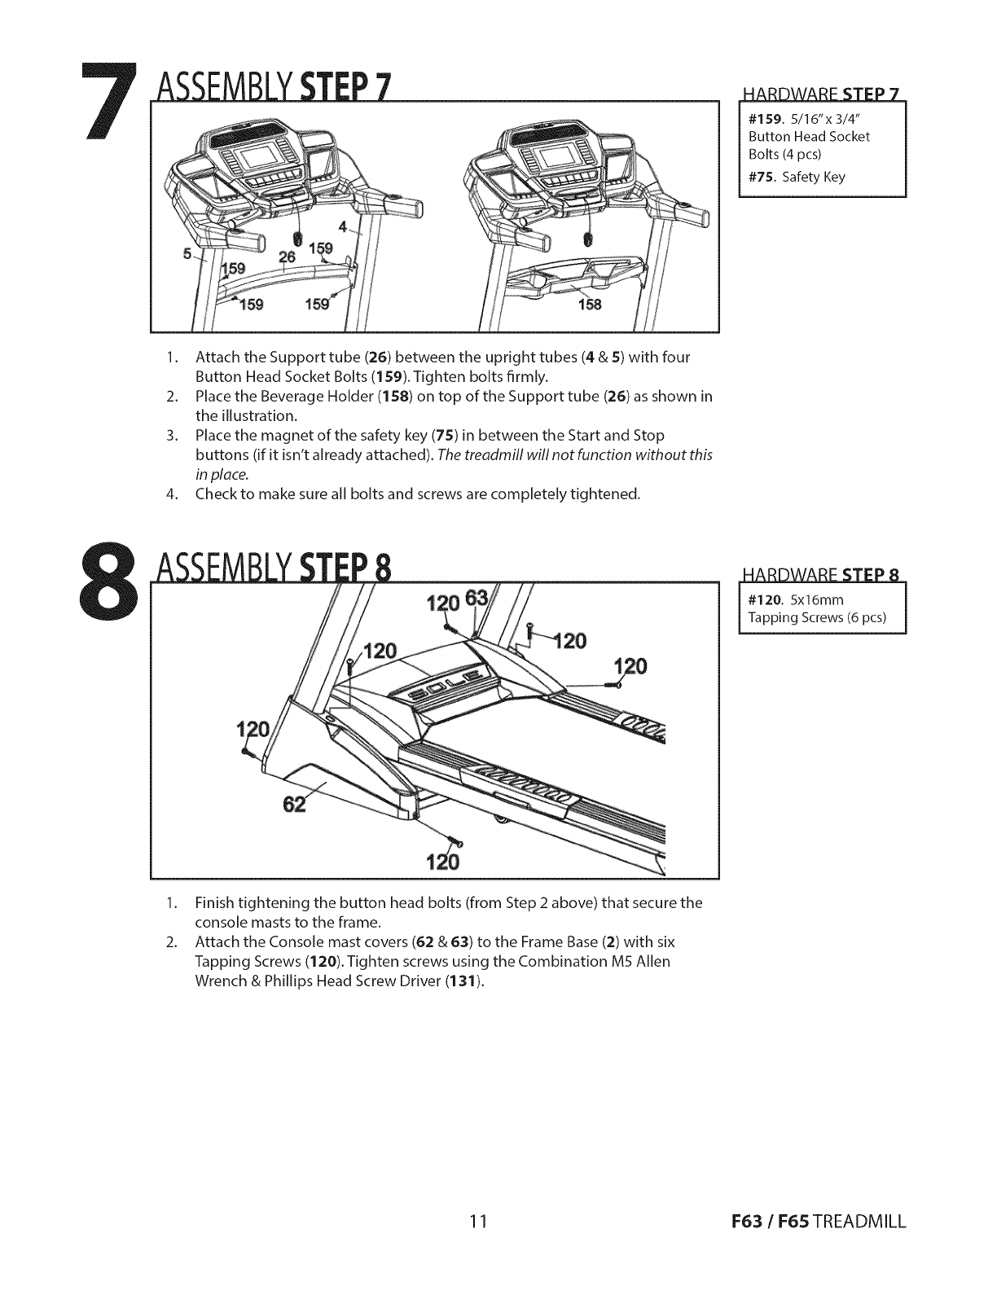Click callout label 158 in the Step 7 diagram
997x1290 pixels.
[x=588, y=305]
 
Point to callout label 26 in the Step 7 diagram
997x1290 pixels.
[x=287, y=257]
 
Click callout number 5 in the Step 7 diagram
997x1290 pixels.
[x=187, y=253]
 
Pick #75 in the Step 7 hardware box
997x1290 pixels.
[x=762, y=177]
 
